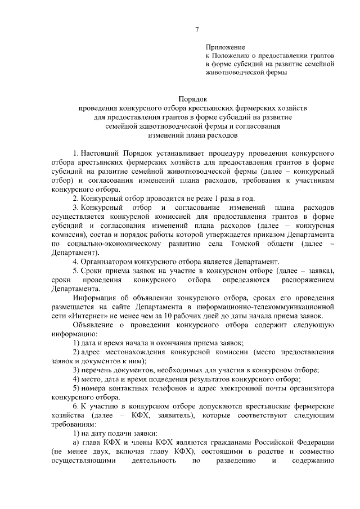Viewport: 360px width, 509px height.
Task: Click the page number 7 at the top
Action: click(x=196, y=29)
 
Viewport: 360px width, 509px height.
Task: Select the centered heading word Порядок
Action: click(x=193, y=97)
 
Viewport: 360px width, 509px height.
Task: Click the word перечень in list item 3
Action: click(x=99, y=370)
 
